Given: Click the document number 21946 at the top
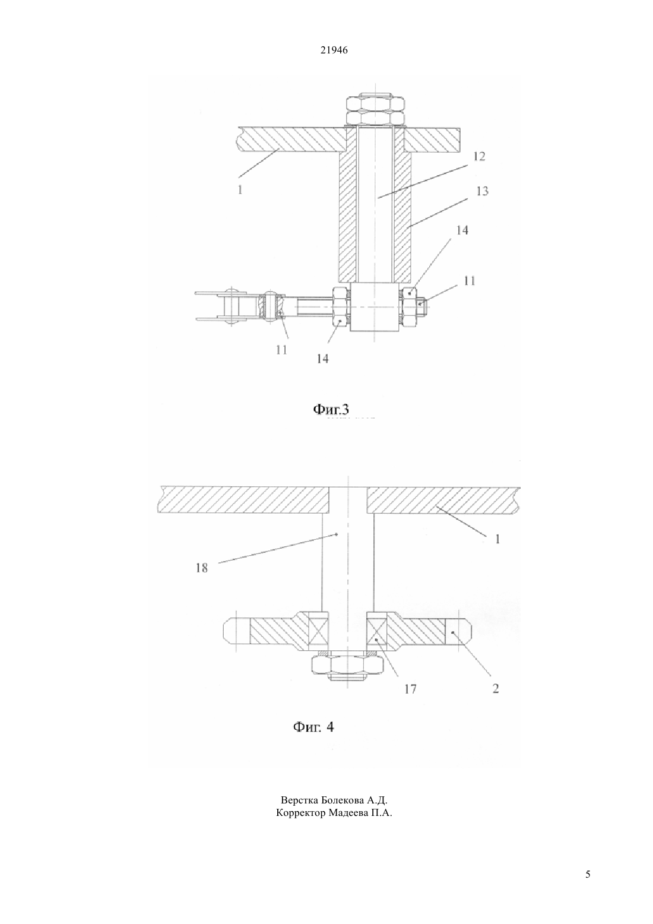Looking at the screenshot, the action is pos(334,50).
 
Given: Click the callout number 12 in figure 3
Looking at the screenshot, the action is pos(479,156).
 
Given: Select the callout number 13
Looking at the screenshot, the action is pos(482,191).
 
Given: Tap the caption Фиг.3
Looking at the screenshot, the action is pos(331,409).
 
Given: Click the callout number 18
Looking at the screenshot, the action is pos(202,568).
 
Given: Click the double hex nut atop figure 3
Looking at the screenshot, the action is pos(375,109).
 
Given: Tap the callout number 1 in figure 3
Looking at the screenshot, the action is pos(240,190).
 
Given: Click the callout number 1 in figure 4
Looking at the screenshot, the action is pos(497,539).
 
